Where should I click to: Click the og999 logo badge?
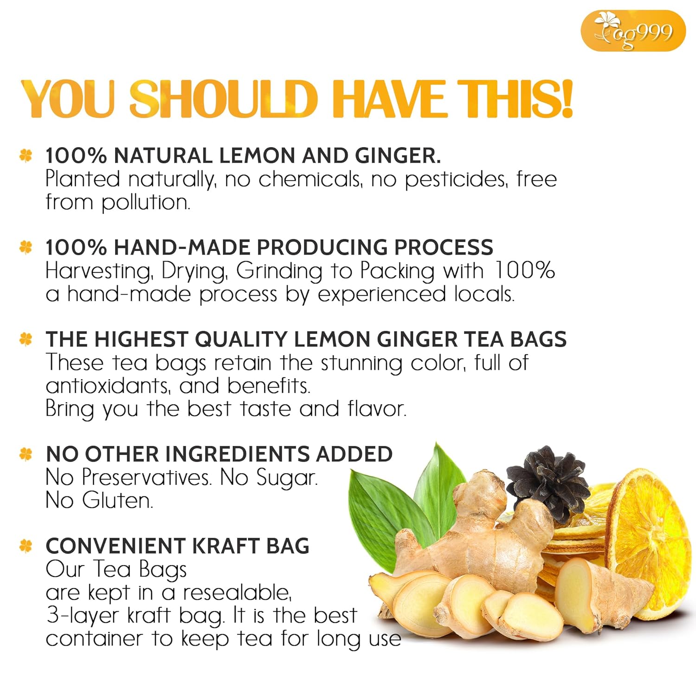click(x=633, y=31)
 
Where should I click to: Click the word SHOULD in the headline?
click(x=223, y=99)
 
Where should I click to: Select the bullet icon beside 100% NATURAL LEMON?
click(x=26, y=155)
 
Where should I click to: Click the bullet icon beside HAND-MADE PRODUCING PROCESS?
click(x=26, y=247)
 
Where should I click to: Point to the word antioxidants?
click(x=108, y=386)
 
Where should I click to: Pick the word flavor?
click(x=376, y=409)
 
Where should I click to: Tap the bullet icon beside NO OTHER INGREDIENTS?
click(x=26, y=454)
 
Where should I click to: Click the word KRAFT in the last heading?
click(x=225, y=546)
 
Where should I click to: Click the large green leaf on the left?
click(x=380, y=515)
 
